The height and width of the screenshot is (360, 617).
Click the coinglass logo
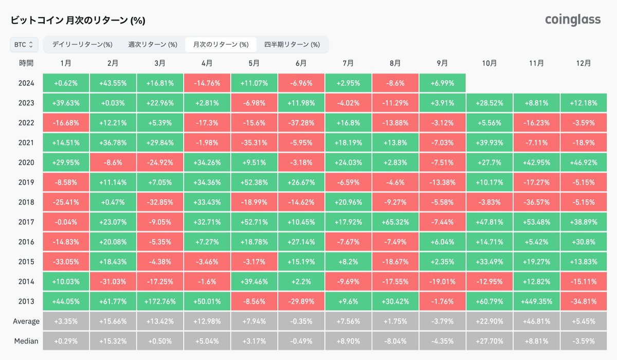(573, 20)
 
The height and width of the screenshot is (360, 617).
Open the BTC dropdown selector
(24, 45)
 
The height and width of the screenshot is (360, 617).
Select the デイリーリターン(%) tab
(82, 45)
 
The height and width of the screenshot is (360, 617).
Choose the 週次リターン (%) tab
(153, 45)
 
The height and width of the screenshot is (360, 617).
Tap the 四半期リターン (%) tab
(292, 45)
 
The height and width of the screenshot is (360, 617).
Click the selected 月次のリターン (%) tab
(221, 45)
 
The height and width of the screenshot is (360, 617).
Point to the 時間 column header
(26, 63)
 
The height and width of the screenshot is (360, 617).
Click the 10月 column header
(489, 63)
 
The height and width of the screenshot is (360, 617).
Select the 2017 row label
(26, 222)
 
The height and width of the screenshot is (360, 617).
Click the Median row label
(26, 341)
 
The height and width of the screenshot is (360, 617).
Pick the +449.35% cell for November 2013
(536, 301)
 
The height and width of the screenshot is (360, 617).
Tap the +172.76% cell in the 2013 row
(160, 301)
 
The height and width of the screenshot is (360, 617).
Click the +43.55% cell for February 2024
(113, 83)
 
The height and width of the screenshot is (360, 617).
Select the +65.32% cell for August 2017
(395, 222)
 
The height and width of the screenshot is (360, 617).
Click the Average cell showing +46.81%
(536, 321)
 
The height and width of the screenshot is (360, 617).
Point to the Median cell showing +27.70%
(489, 341)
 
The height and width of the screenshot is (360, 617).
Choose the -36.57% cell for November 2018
(536, 202)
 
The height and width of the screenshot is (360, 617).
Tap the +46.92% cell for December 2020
(584, 163)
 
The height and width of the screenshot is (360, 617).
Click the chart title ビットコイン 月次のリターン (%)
(78, 21)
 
